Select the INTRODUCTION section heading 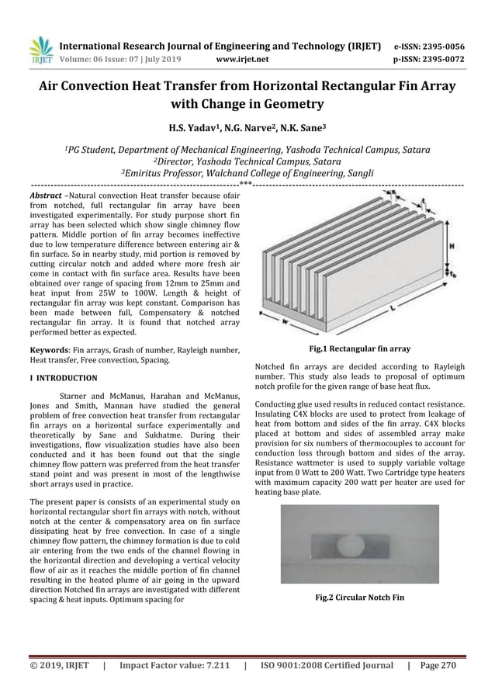[x=66, y=378]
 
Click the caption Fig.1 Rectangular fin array [x=359, y=348]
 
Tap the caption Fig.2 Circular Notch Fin [x=359, y=598]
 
